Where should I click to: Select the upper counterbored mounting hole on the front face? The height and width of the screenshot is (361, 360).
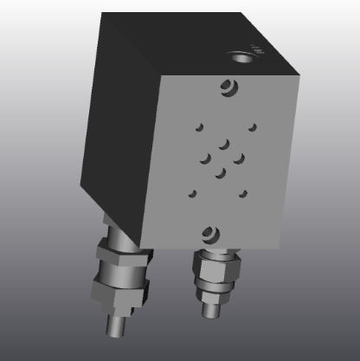(x=228, y=87)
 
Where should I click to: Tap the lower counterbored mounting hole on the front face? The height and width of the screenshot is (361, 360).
(x=209, y=231)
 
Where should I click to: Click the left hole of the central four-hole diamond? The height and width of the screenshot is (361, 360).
(x=206, y=158)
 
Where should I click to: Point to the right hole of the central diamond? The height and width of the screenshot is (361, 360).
(x=239, y=158)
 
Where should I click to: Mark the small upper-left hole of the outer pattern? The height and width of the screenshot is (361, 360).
(x=198, y=128)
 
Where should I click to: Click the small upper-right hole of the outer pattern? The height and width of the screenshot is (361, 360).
(x=253, y=127)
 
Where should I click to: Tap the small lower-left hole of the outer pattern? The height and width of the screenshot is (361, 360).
(x=192, y=193)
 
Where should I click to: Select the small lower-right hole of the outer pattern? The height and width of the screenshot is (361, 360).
(x=246, y=192)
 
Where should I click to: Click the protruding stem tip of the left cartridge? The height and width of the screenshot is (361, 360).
(x=114, y=330)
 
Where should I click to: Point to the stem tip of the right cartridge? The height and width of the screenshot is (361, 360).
(x=209, y=306)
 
